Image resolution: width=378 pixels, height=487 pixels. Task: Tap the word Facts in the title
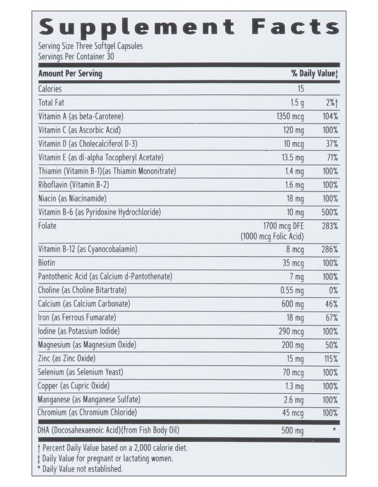[295, 27]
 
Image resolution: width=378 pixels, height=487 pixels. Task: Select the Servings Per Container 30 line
[76, 57]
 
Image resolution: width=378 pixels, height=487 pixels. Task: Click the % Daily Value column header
[314, 74]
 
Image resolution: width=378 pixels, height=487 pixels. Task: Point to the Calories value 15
[301, 89]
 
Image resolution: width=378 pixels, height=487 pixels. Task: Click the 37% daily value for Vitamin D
[332, 144]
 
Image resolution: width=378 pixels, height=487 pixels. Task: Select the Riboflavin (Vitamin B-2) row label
[73, 185]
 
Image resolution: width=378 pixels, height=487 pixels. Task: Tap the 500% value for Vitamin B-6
[330, 212]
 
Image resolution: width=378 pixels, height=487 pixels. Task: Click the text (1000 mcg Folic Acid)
[272, 237]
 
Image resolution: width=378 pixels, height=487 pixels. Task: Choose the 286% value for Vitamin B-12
[330, 250]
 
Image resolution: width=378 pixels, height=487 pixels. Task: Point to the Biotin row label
[46, 263]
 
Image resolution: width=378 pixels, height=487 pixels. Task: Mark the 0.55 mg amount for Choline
[292, 291]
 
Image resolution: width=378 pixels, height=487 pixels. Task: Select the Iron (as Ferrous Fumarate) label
[77, 317]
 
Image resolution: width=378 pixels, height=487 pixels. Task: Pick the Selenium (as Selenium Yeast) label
[80, 372]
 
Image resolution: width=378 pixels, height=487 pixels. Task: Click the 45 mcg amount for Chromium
[293, 413]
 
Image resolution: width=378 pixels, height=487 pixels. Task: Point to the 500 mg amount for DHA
[292, 430]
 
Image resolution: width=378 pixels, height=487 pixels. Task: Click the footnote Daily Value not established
[82, 469]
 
